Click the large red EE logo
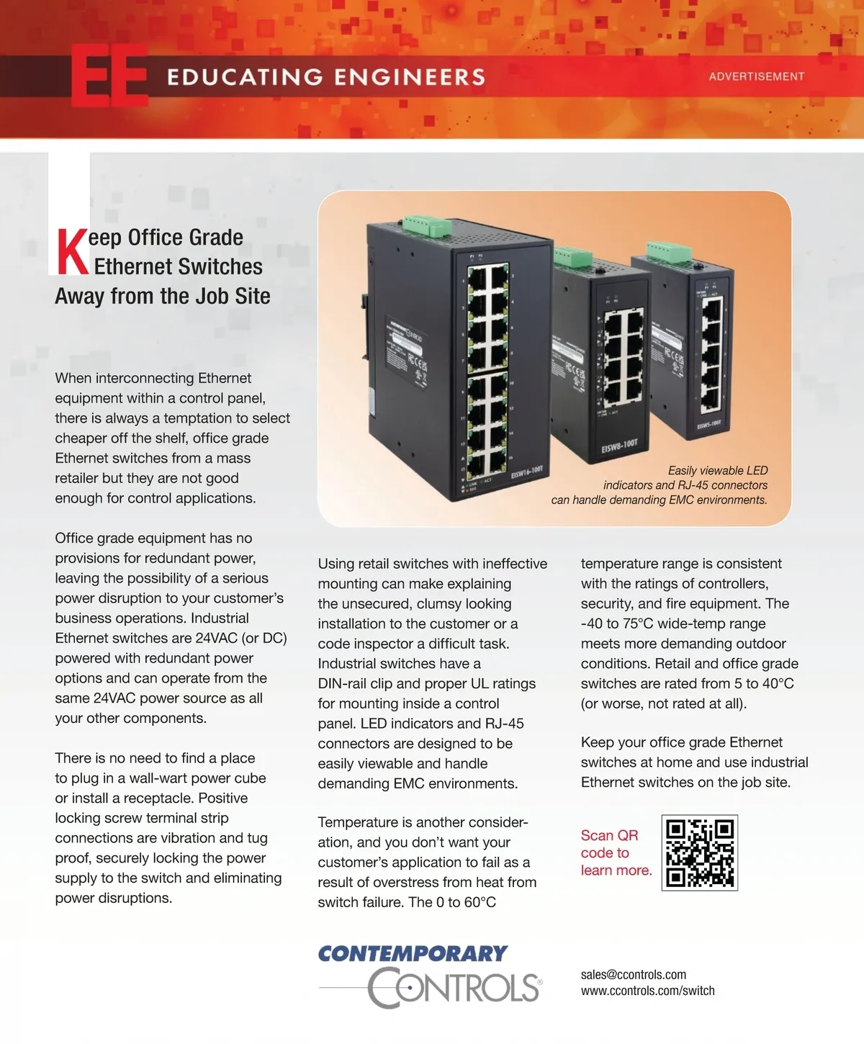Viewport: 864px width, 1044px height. pyautogui.click(x=109, y=76)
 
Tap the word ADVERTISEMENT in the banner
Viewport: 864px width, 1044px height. pyautogui.click(x=756, y=76)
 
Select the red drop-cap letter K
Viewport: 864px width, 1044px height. pyautogui.click(x=72, y=252)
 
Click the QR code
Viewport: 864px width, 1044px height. pyautogui.click(x=699, y=852)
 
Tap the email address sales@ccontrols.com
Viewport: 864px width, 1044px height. pyautogui.click(x=633, y=974)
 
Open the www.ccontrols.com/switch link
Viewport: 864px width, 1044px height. pyautogui.click(x=647, y=991)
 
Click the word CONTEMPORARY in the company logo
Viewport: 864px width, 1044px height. pyautogui.click(x=413, y=954)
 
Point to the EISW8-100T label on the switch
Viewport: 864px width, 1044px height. pyautogui.click(x=619, y=446)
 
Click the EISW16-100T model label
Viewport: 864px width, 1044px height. pyautogui.click(x=527, y=472)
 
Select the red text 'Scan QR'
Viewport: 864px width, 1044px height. pyautogui.click(x=609, y=835)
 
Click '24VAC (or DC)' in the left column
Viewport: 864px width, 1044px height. pyautogui.click(x=241, y=638)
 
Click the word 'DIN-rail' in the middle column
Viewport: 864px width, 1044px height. pyautogui.click(x=342, y=683)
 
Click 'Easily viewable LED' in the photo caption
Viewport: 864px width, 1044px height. pyautogui.click(x=717, y=470)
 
